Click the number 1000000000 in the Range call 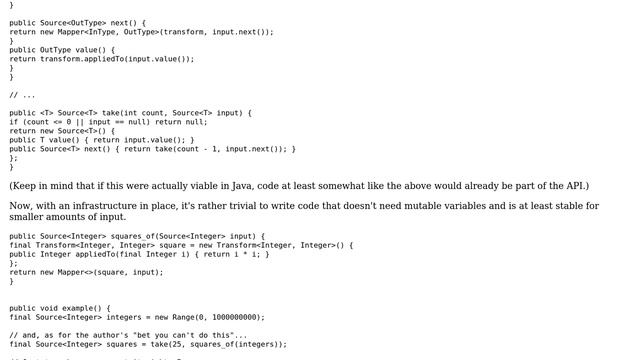(x=232, y=317)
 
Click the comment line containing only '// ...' (x=22, y=95)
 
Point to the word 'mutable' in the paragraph (x=400, y=206)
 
